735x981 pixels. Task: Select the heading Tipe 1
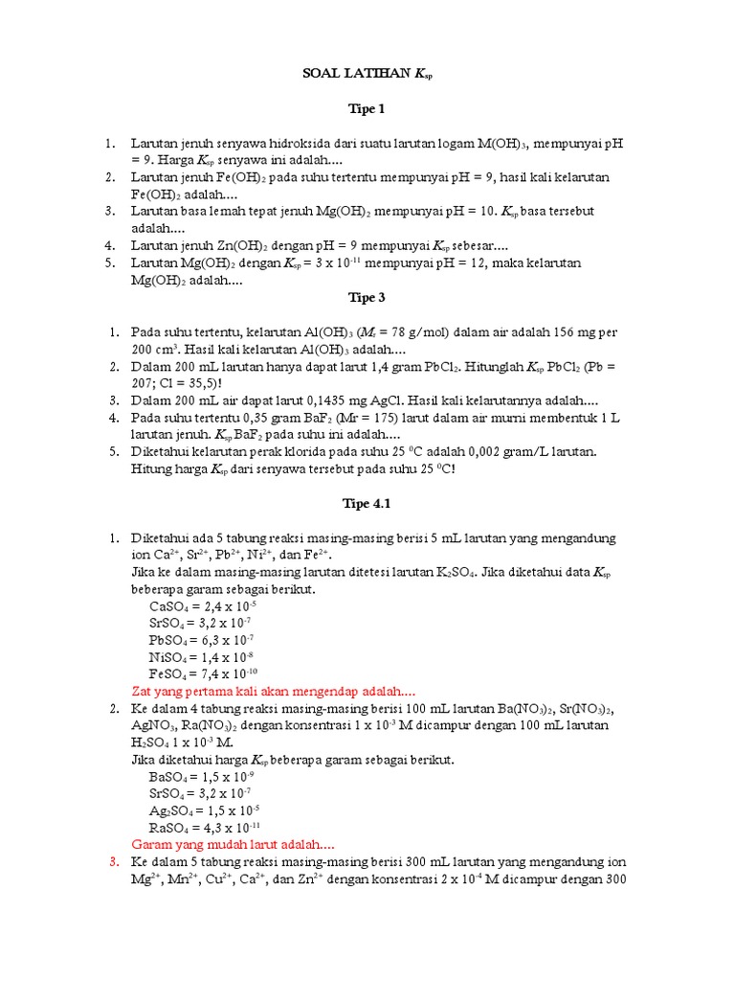pyautogui.click(x=367, y=109)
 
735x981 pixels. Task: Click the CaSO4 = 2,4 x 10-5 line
pyautogui.click(x=203, y=605)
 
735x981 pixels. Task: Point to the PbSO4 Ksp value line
pyautogui.click(x=203, y=639)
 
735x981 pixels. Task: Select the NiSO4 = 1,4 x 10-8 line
pyautogui.click(x=202, y=656)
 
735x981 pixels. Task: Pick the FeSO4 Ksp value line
pyautogui.click(x=205, y=673)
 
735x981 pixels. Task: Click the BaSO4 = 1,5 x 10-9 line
pyautogui.click(x=203, y=777)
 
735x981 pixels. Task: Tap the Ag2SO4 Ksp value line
pyautogui.click(x=204, y=810)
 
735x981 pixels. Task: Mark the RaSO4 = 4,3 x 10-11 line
pyautogui.click(x=205, y=828)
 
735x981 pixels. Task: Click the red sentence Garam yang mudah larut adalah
pyautogui.click(x=233, y=845)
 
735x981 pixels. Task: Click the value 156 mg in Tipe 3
pyautogui.click(x=572, y=332)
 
